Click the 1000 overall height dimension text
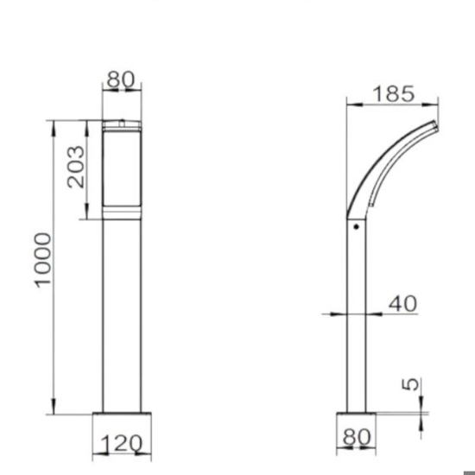(42, 260)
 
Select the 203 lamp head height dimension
(76, 167)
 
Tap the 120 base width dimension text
(121, 444)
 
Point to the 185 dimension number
(394, 93)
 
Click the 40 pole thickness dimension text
(403, 303)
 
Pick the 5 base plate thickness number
(411, 384)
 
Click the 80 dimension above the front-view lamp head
(120, 79)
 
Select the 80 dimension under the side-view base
(357, 437)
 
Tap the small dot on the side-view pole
(356, 226)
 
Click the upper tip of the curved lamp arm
(435, 124)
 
